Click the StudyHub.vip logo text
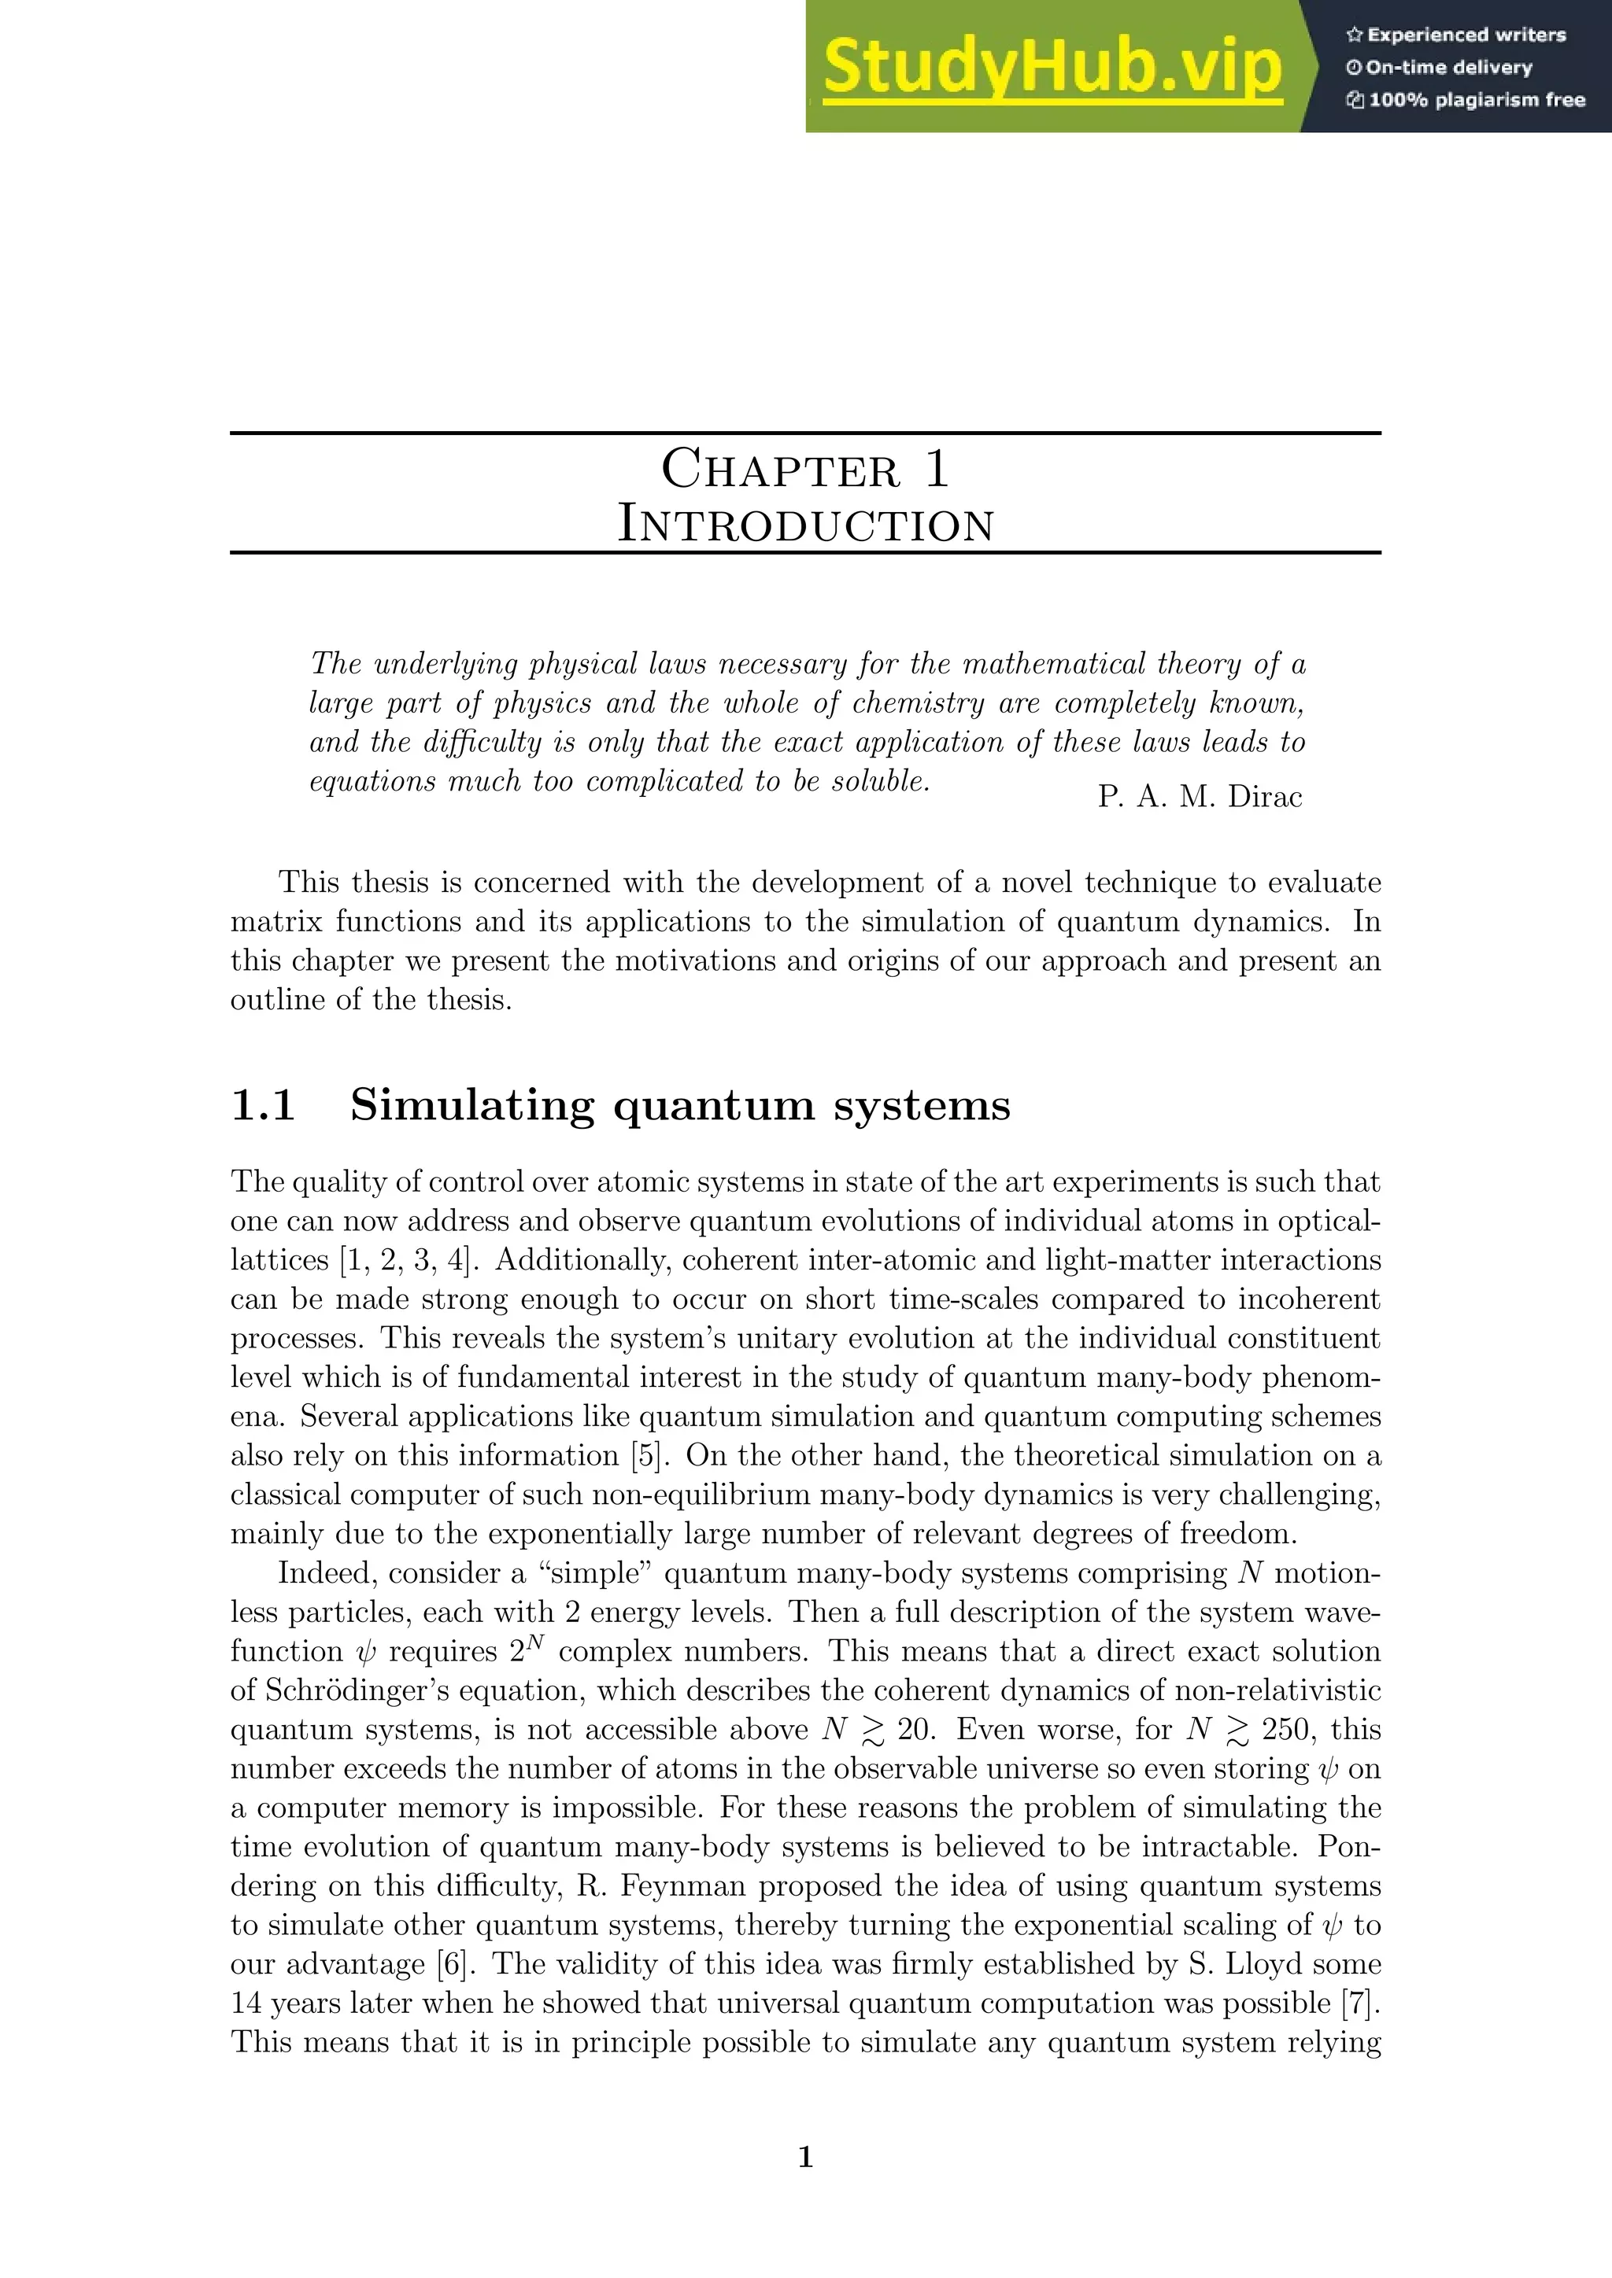(x=1052, y=68)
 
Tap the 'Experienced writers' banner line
(x=1455, y=35)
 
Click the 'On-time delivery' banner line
(x=1440, y=68)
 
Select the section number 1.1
(x=263, y=1105)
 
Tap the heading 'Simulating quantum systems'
(x=680, y=1105)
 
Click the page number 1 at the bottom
(x=805, y=2156)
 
